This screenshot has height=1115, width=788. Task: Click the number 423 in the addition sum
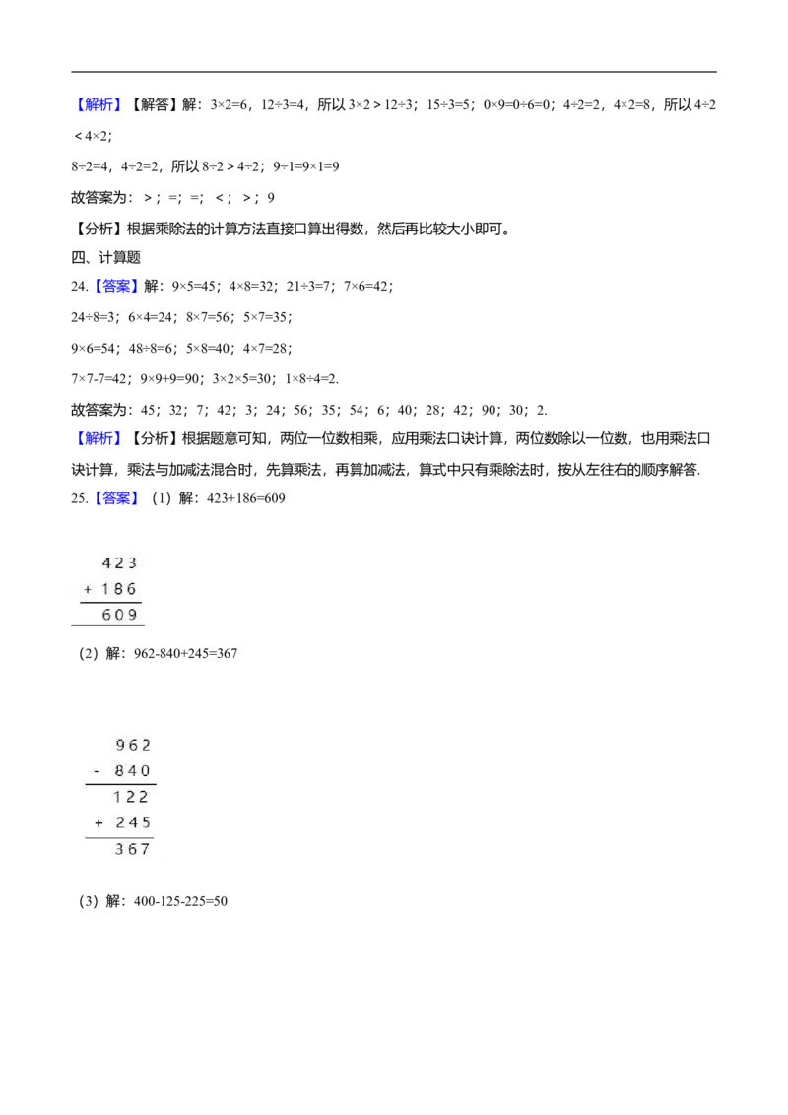(x=119, y=563)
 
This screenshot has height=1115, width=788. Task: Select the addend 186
(x=119, y=589)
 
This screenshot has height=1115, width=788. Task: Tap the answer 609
(x=119, y=615)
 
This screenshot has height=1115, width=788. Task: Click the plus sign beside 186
(x=88, y=589)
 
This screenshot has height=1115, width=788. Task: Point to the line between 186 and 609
(x=111, y=602)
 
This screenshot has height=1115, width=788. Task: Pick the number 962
(x=134, y=745)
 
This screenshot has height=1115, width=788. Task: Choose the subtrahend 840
(x=132, y=771)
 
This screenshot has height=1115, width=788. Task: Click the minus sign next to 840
(x=97, y=771)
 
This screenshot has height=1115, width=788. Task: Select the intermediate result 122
(x=131, y=797)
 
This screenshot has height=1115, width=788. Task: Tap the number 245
(x=133, y=822)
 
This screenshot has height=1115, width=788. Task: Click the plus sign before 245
(x=98, y=822)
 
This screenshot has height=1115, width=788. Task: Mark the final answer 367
(x=133, y=849)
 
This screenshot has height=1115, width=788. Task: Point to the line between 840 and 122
(x=120, y=784)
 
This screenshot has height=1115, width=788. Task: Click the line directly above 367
(x=119, y=837)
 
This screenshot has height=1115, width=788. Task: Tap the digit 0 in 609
(x=119, y=615)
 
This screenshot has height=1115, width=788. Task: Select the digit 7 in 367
(x=147, y=849)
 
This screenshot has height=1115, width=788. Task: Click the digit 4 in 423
(x=106, y=563)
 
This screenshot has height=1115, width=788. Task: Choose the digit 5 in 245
(x=147, y=822)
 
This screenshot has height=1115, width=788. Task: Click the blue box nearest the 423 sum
(x=117, y=499)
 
